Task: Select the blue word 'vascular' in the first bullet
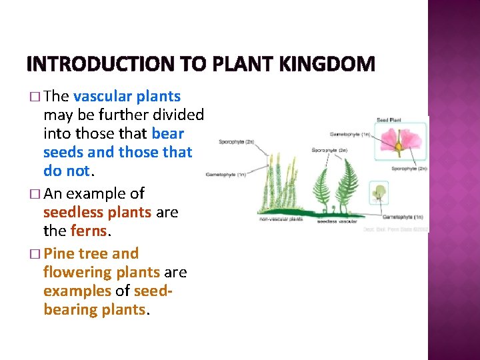pyautogui.click(x=102, y=97)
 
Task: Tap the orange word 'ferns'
pyautogui.click(x=89, y=231)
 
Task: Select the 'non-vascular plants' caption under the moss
pyautogui.click(x=281, y=219)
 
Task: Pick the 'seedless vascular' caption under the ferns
pyautogui.click(x=337, y=221)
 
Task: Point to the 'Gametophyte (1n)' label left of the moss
pyautogui.click(x=226, y=175)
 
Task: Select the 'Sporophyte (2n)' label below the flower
pyautogui.click(x=408, y=169)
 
